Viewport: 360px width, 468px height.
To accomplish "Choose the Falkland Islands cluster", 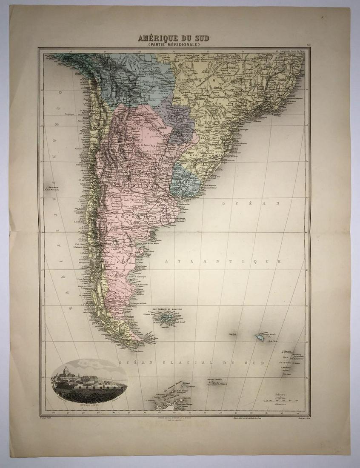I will [165, 317].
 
